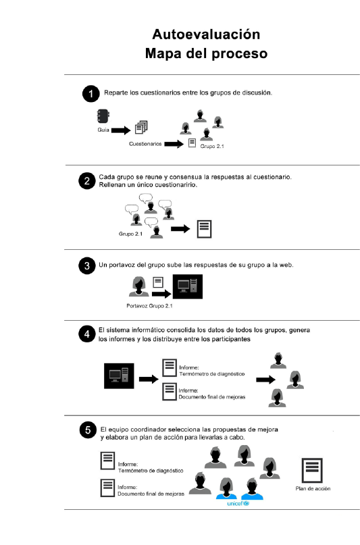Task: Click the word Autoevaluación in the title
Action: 206,34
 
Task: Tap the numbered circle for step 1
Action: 91,93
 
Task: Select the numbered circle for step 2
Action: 87,181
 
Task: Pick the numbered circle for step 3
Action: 87,266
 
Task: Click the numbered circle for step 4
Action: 87,334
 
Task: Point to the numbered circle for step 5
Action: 88,430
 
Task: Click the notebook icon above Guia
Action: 103,116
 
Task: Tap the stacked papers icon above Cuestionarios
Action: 141,127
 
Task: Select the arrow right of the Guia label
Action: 121,130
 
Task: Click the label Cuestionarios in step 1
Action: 145,144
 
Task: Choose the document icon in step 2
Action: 205,229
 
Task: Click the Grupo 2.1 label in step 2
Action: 130,234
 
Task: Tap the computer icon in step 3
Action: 188,287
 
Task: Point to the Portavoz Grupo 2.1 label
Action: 149,306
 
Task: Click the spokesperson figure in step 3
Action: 139,287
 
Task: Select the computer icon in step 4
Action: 119,375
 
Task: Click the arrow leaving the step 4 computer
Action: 149,379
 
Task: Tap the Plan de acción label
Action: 313,488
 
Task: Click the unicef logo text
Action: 238,503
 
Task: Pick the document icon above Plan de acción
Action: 312,470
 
